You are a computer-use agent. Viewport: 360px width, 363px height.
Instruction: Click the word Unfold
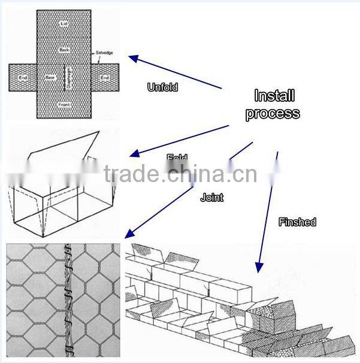(x=162, y=87)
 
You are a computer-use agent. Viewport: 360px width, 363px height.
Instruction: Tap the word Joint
(x=211, y=197)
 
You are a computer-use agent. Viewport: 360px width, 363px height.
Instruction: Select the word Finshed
(x=297, y=222)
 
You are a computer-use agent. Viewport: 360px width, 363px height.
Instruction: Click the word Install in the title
(x=275, y=96)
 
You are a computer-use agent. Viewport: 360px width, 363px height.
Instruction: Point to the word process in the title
(x=273, y=113)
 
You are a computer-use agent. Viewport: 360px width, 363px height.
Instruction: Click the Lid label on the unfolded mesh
(x=65, y=23)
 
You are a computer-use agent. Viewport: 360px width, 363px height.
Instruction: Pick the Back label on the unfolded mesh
(x=65, y=49)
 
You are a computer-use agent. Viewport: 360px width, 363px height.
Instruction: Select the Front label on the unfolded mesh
(x=65, y=105)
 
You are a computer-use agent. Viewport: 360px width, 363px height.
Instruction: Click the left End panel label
(x=22, y=78)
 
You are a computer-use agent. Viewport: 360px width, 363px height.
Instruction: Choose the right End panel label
(x=105, y=78)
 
